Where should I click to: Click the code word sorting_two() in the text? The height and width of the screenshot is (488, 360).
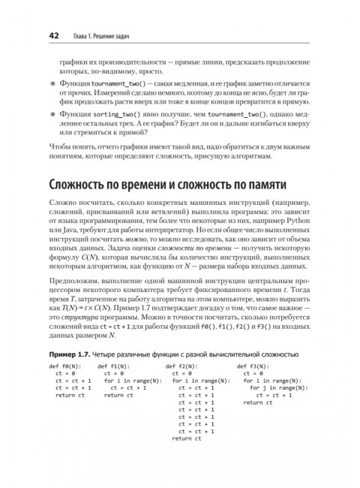(x=103, y=112)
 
